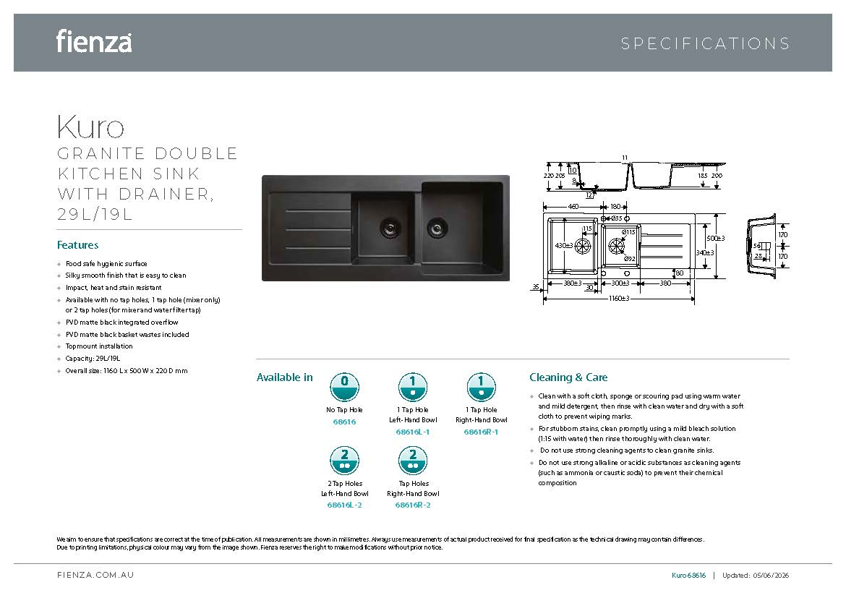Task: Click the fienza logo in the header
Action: (x=94, y=41)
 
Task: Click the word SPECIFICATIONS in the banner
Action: (x=705, y=43)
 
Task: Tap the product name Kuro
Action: (x=90, y=127)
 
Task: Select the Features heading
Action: (x=77, y=245)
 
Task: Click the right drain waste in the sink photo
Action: (x=437, y=228)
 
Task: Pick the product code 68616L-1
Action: (x=413, y=432)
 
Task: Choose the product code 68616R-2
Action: (x=413, y=505)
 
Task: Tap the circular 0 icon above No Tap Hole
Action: (x=344, y=387)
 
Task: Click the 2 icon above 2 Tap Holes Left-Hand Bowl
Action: (x=344, y=461)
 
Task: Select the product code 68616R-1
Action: (x=482, y=432)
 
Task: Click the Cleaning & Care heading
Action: (x=568, y=377)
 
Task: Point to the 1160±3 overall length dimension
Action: (x=618, y=299)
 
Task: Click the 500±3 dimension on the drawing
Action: (x=715, y=238)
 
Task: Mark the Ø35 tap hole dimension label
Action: (x=616, y=218)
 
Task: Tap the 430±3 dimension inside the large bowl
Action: (x=564, y=246)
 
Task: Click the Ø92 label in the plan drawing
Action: (x=630, y=259)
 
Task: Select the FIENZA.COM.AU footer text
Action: (x=95, y=576)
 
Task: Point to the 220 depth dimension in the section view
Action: (x=547, y=176)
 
